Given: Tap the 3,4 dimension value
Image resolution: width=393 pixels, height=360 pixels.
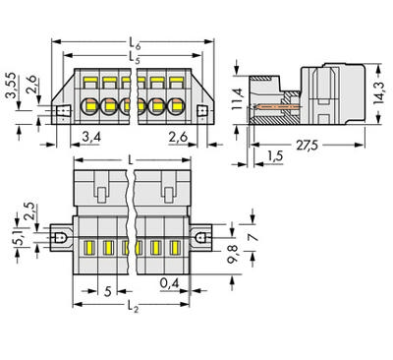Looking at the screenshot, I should tap(89, 135).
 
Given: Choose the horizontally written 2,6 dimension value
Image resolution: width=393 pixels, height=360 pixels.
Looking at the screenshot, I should tap(178, 135).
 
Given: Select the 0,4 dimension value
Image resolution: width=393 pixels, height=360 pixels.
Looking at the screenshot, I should tap(170, 282).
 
